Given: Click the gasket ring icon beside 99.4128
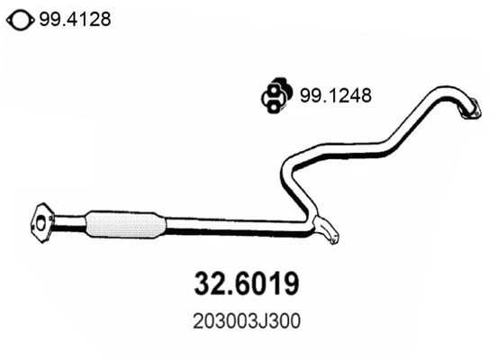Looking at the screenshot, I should (19, 18).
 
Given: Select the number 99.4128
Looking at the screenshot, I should (75, 18).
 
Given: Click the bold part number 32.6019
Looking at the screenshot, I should (248, 283).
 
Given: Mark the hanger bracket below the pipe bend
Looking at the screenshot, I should (329, 233).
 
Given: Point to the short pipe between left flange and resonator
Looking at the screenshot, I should (68, 221).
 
